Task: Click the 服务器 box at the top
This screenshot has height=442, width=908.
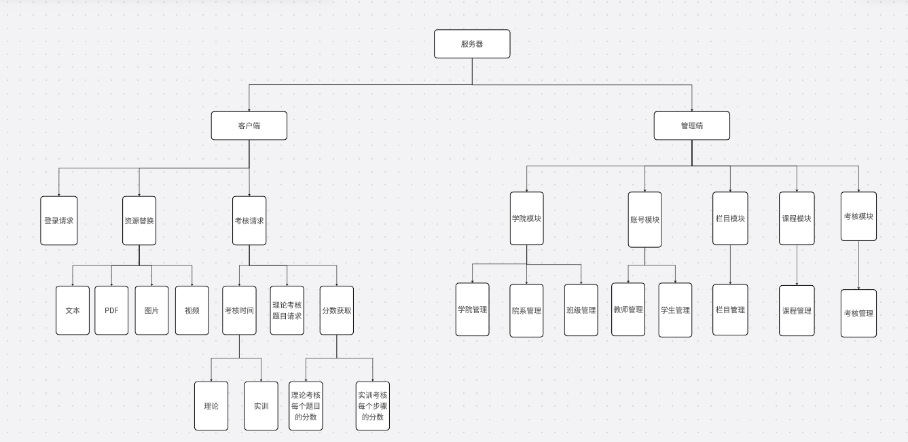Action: pos(472,44)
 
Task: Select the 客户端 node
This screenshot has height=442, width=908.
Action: pos(249,126)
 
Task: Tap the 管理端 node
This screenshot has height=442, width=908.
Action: pos(691,126)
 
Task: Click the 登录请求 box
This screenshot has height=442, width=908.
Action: pos(59,221)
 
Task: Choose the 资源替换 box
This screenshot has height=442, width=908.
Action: pos(139,221)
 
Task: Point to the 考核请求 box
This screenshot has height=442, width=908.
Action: pos(249,221)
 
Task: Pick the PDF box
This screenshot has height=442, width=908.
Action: pos(111,310)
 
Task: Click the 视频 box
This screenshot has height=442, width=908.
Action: pos(192,310)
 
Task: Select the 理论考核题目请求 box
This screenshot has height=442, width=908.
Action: pos(287,310)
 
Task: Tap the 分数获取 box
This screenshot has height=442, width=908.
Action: pos(337,310)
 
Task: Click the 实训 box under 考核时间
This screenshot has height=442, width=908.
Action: pos(261,406)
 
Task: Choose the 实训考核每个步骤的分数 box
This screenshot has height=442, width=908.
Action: pos(373,406)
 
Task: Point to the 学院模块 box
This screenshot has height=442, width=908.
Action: pos(527,219)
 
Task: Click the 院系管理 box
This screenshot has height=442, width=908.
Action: pos(527,310)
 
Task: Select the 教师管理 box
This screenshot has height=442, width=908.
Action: pos(628,310)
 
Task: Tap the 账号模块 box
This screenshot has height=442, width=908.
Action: pos(644,220)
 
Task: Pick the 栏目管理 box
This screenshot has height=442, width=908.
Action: pos(730,310)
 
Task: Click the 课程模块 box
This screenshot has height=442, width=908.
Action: pos(797,219)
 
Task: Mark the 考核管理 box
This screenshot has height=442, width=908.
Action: pos(858,313)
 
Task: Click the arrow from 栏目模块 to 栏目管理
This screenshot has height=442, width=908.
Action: pos(730,265)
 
